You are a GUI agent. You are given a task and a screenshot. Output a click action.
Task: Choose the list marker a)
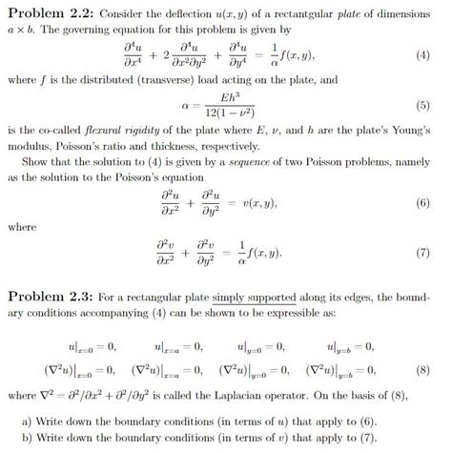tap(27, 419)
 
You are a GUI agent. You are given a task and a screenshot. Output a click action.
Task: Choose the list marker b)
tap(27, 436)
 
